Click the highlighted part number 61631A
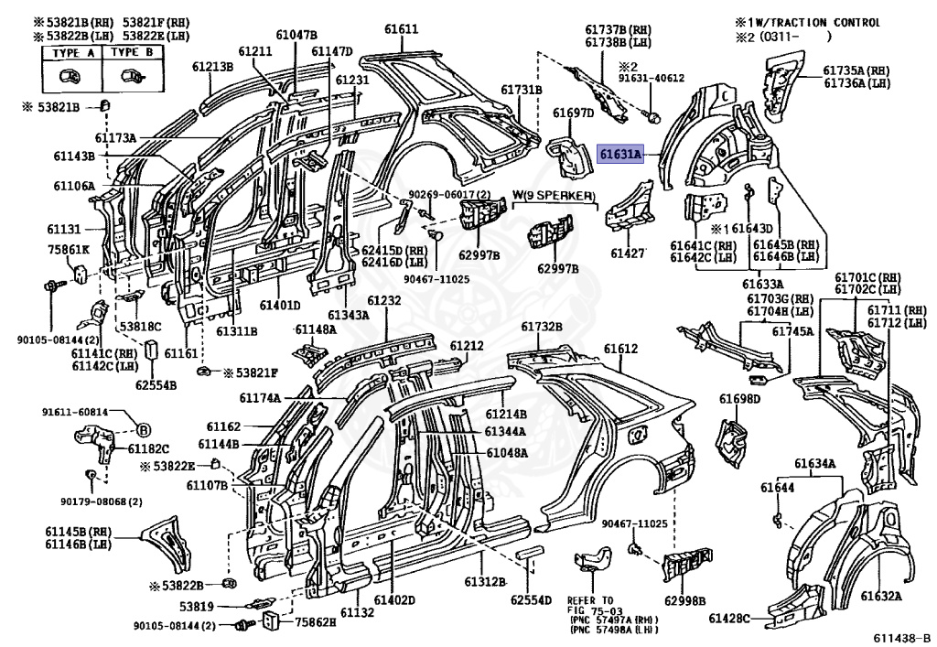click(x=621, y=155)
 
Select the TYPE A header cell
click(x=73, y=52)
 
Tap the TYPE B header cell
click(x=132, y=52)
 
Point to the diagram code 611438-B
click(x=902, y=638)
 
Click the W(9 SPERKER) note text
click(x=554, y=196)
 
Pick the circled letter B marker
click(x=144, y=429)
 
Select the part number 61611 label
click(x=401, y=29)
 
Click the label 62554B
click(x=156, y=385)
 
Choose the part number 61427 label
click(x=628, y=253)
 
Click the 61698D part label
click(x=739, y=399)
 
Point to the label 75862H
click(x=316, y=622)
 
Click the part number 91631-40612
click(x=652, y=79)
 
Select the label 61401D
click(x=280, y=306)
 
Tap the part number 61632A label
click(x=881, y=596)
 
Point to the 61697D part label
click(x=573, y=113)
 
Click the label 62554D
click(x=531, y=599)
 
